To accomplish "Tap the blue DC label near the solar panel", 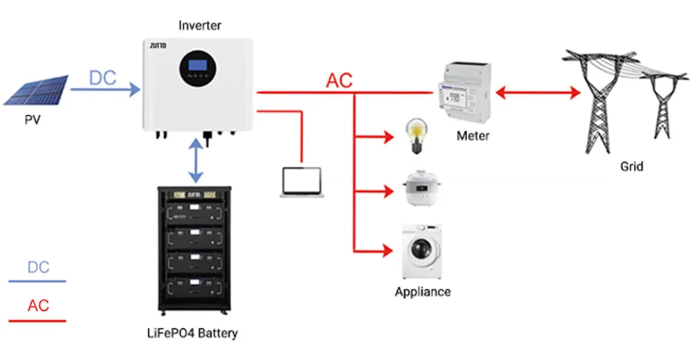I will [x=102, y=78].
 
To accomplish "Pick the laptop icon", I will [x=302, y=183].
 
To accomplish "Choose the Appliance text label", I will [x=422, y=292].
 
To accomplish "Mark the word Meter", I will [x=473, y=136].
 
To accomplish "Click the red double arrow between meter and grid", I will [x=537, y=93].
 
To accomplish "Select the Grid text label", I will [x=631, y=167].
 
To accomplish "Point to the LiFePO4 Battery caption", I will [x=193, y=334].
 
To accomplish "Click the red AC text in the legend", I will [x=38, y=305].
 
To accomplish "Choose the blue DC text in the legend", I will [x=38, y=267].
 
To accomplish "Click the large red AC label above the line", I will [x=339, y=80].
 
